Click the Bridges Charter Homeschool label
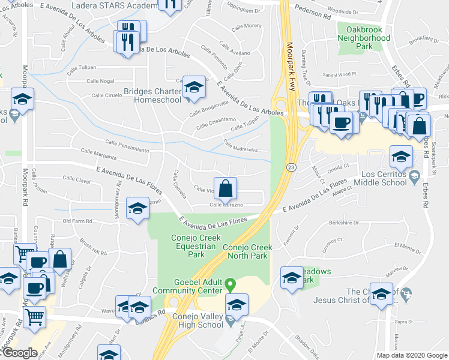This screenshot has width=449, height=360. pyautogui.click(x=152, y=95)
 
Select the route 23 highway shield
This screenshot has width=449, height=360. pyautogui.click(x=290, y=167)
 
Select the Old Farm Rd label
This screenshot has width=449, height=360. pyautogui.click(x=77, y=221)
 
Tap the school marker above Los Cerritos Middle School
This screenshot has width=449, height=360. pyautogui.click(x=401, y=158)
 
